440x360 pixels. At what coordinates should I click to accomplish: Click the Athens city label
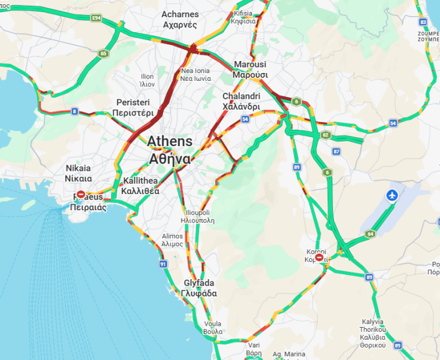(x=170, y=150)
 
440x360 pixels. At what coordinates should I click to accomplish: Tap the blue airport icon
(x=392, y=195)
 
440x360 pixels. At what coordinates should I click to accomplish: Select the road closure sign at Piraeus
(x=81, y=195)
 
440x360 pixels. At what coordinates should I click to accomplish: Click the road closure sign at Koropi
(x=320, y=258)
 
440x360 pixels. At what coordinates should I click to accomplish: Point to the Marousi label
(x=250, y=69)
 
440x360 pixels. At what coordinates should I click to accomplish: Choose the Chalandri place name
(x=241, y=101)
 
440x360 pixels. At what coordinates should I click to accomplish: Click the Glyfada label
(x=199, y=288)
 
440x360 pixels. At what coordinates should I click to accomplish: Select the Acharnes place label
(x=180, y=19)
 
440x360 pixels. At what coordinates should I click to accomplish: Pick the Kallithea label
(x=140, y=186)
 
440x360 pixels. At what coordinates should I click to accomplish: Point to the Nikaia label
(x=79, y=173)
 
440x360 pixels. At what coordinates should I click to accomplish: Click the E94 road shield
(x=97, y=19)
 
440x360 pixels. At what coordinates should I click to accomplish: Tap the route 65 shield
(x=104, y=54)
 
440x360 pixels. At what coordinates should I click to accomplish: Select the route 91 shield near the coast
(x=163, y=264)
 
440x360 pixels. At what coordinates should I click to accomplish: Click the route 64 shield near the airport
(x=370, y=234)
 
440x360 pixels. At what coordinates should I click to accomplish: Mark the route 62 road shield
(x=326, y=135)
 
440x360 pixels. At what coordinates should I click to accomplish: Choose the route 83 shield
(x=424, y=22)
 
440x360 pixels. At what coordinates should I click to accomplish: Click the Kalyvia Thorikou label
(x=373, y=329)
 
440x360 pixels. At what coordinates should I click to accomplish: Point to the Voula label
(x=213, y=327)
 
